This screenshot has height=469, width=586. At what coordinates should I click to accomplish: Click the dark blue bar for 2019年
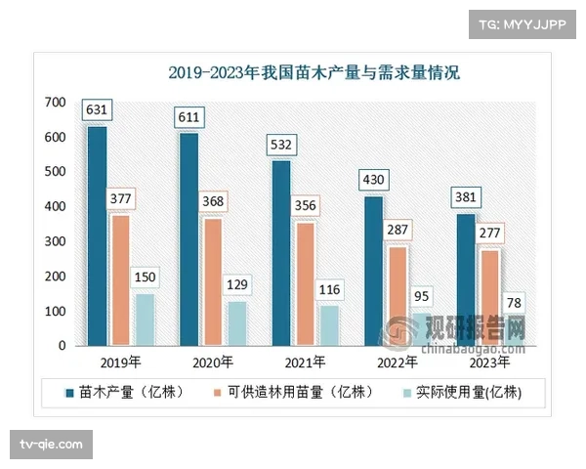pos(97,235)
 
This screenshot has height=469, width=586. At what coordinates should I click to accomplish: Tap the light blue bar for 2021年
pos(328,325)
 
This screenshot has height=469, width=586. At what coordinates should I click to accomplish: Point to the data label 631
pos(96,110)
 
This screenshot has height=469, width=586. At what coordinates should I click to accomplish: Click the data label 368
pos(213,202)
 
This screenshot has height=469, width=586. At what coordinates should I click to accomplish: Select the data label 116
pos(330,290)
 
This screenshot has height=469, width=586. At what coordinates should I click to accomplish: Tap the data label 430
pos(375,180)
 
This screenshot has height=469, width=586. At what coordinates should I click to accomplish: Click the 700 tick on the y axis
pos(55,103)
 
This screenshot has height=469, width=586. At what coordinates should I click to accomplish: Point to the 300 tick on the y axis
pos(55,241)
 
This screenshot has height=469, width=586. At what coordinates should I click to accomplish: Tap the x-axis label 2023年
pos(488,362)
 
